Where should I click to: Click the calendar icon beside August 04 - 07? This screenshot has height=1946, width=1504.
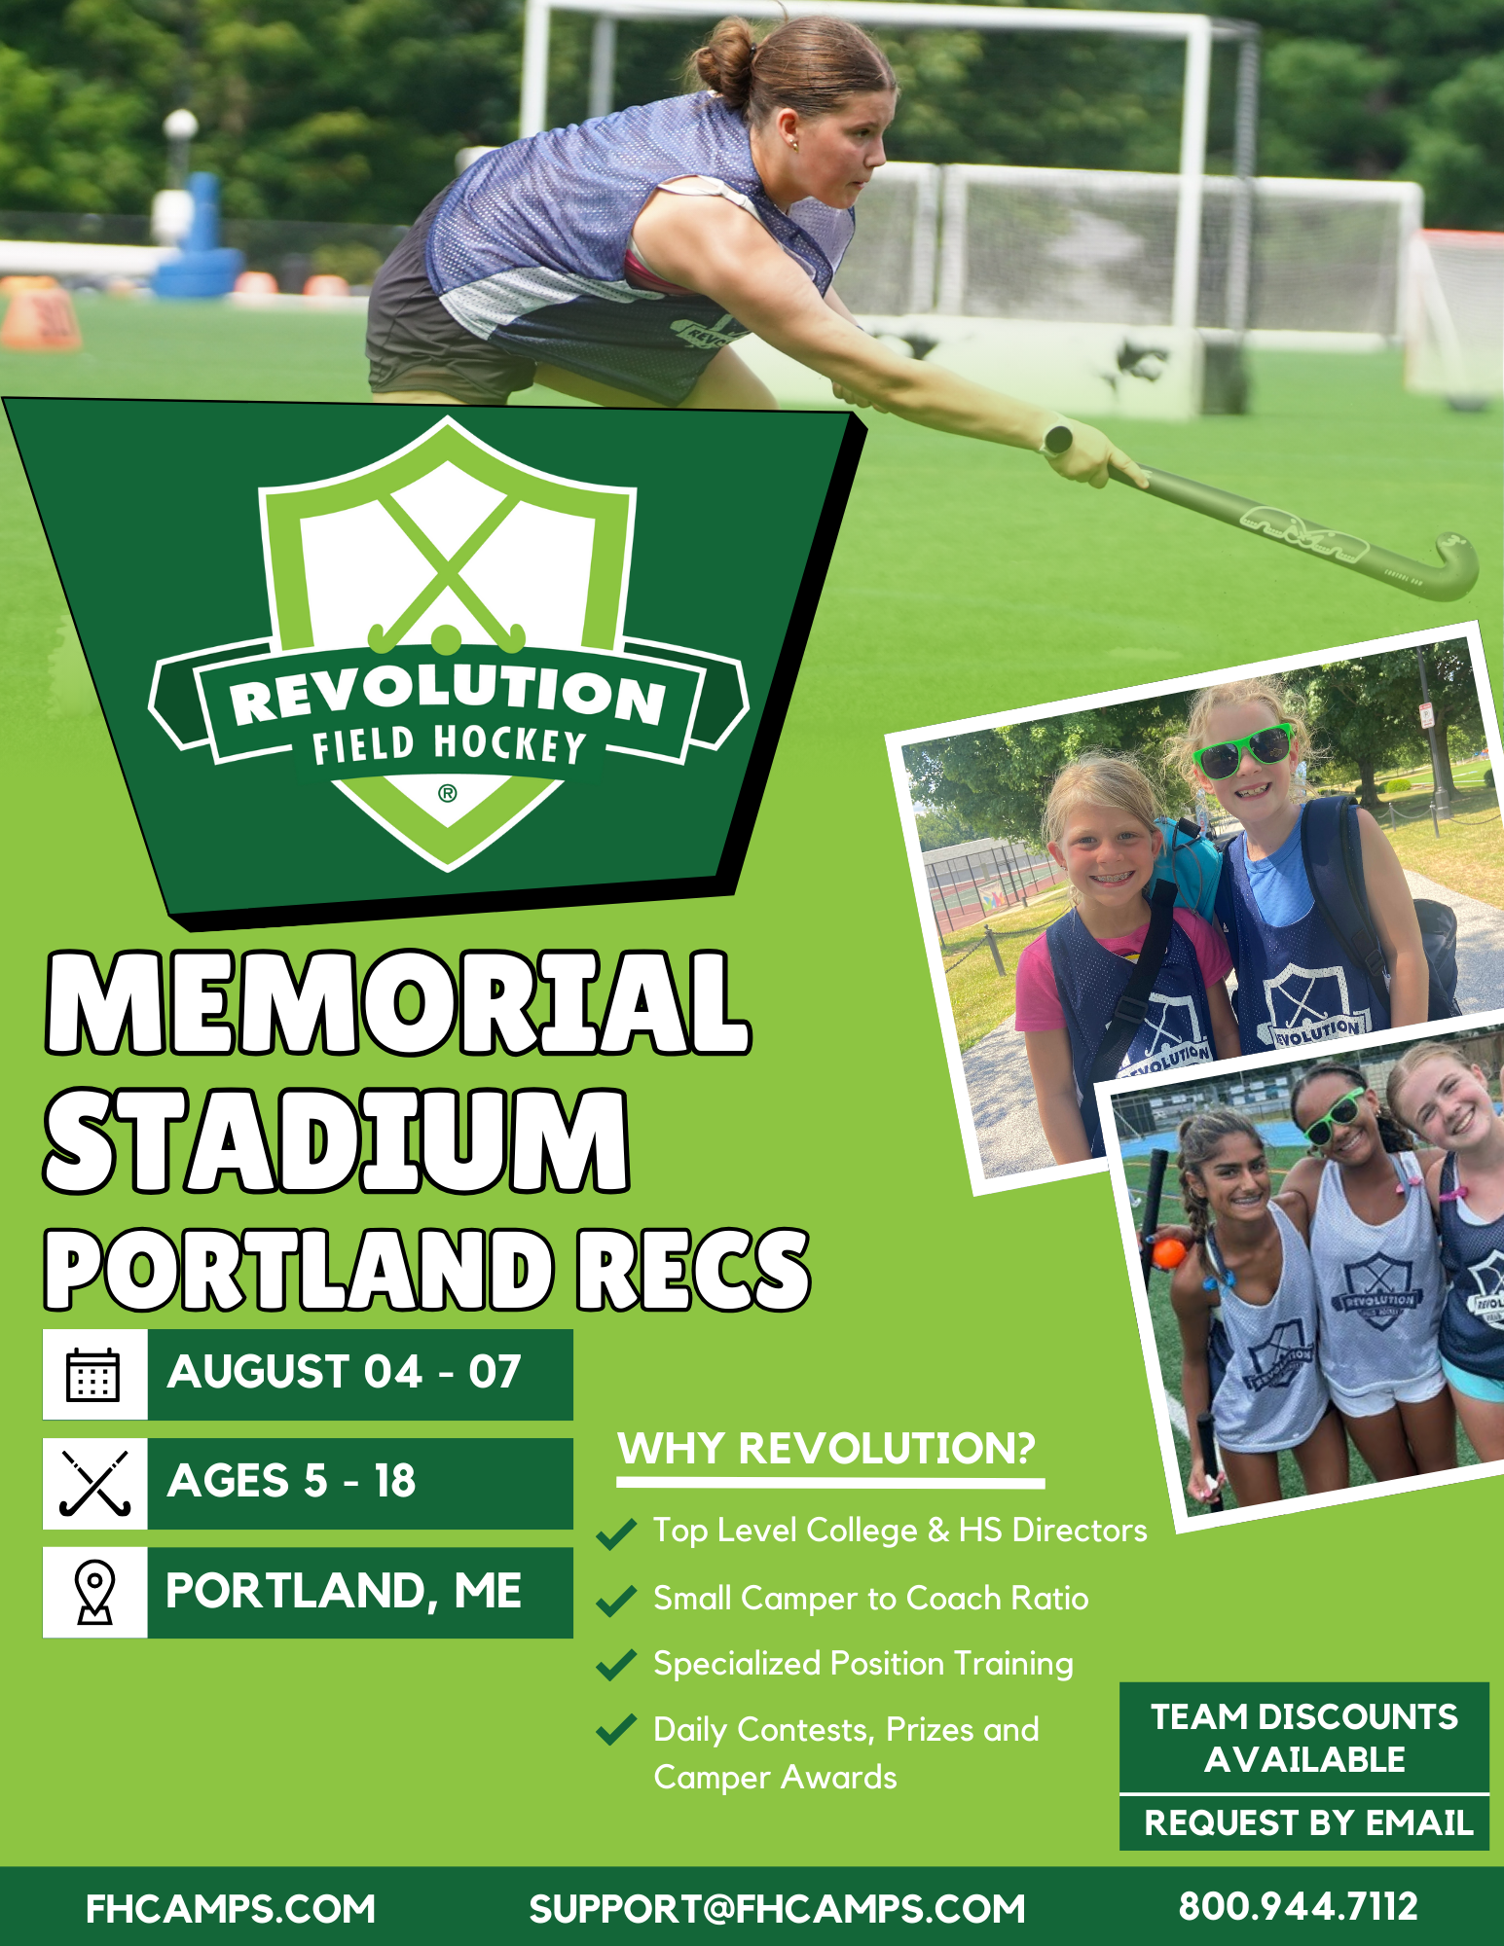[93, 1375]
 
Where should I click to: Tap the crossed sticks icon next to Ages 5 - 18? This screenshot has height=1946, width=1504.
[94, 1484]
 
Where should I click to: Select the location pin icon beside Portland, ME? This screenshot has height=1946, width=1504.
[94, 1593]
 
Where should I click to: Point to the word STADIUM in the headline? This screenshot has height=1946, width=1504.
[337, 1140]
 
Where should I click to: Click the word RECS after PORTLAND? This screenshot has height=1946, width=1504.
[693, 1268]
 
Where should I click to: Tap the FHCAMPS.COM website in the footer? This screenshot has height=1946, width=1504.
[231, 1909]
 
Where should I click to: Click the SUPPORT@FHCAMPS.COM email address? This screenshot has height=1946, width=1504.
[777, 1909]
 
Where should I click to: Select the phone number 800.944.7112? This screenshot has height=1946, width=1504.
[1298, 1907]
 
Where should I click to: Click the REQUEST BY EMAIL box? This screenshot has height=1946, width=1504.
[1304, 1822]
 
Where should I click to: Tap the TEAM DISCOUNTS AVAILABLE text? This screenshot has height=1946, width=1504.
[1304, 1738]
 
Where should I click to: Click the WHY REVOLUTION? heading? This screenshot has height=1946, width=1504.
[826, 1448]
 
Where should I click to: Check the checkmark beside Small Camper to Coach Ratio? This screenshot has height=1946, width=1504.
[616, 1601]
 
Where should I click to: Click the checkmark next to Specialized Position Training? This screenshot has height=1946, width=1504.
[616, 1666]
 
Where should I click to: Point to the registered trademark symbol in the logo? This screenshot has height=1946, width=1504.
[447, 793]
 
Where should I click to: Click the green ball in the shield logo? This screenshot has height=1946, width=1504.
[446, 639]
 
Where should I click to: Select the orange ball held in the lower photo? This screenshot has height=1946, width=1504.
[1169, 1251]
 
